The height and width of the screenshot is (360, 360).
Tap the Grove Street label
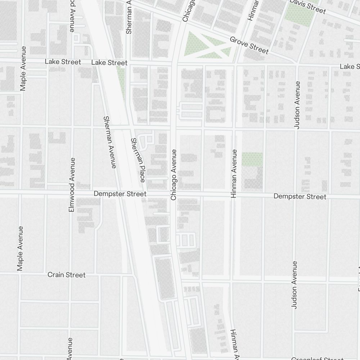[249, 45]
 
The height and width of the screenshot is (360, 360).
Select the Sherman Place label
[138, 160]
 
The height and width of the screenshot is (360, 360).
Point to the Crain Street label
[67, 275]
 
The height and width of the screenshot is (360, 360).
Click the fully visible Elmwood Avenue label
[72, 184]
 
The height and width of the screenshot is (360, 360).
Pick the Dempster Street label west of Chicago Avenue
[120, 194]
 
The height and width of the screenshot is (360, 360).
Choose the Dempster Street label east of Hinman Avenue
[300, 197]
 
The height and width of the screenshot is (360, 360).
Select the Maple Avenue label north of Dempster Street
[23, 68]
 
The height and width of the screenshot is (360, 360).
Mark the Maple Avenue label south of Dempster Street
[20, 248]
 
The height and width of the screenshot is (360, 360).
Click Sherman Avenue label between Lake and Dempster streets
[110, 142]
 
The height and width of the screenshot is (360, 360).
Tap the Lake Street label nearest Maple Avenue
[63, 62]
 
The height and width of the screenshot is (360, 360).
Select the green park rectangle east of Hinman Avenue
[252, 159]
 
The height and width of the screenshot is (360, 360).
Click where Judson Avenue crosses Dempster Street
[295, 196]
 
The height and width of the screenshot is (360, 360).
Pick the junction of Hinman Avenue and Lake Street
[236, 65]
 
